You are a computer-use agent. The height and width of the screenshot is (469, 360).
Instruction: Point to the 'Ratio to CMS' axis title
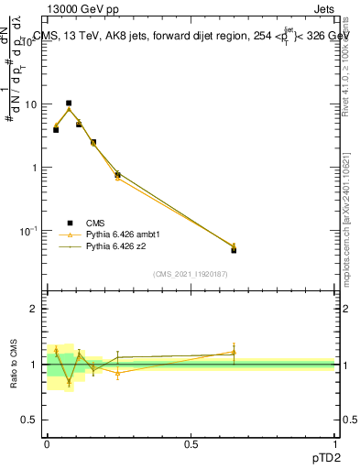click(13, 364)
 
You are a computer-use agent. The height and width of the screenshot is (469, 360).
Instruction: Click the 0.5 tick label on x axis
click(191, 442)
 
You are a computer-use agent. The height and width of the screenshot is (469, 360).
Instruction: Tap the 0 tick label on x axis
click(47, 442)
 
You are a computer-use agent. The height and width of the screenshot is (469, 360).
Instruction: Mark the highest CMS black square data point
click(69, 104)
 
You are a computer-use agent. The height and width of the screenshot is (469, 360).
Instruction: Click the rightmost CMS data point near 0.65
click(234, 250)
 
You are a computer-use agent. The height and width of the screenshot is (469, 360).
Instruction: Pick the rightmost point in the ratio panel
click(234, 352)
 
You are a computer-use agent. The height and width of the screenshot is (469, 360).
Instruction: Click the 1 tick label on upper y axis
click(35, 168)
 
